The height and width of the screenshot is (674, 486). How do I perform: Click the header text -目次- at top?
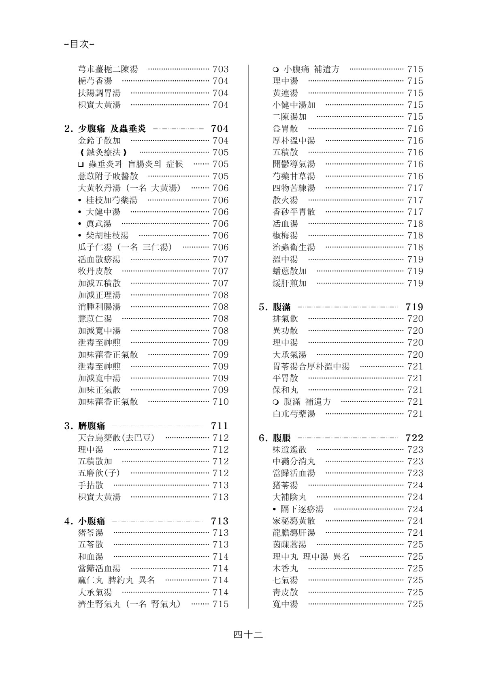pos(80,44)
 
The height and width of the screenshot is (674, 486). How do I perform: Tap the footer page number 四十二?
pos(248,635)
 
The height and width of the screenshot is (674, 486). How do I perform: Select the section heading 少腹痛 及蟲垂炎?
pos(112,129)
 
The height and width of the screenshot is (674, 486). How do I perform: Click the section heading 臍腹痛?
pos(92,426)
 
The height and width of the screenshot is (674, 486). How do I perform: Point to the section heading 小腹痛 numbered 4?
pos(92,521)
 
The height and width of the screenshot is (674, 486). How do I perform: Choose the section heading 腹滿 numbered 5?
pos(281,307)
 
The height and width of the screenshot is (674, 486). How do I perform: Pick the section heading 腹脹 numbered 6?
pos(281,438)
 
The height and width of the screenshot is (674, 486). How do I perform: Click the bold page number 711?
pos(220,426)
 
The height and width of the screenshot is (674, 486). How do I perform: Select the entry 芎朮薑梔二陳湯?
pos(108,69)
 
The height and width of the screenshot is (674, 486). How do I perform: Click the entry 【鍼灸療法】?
pos(103,152)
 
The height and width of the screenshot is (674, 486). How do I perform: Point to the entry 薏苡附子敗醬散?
pos(108,176)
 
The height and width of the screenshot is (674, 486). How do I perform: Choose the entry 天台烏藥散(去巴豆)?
pos(116,438)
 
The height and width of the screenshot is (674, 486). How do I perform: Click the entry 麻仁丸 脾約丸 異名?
pos(116,580)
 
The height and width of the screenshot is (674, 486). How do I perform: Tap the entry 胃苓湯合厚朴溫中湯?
pos(311,367)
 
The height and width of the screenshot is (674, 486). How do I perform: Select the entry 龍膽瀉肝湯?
pos(294,533)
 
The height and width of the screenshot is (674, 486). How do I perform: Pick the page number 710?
pos(221,402)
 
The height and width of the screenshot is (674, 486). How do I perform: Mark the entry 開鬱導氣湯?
pos(294,164)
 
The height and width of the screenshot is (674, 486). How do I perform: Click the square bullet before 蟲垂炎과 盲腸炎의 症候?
pos(80,165)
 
